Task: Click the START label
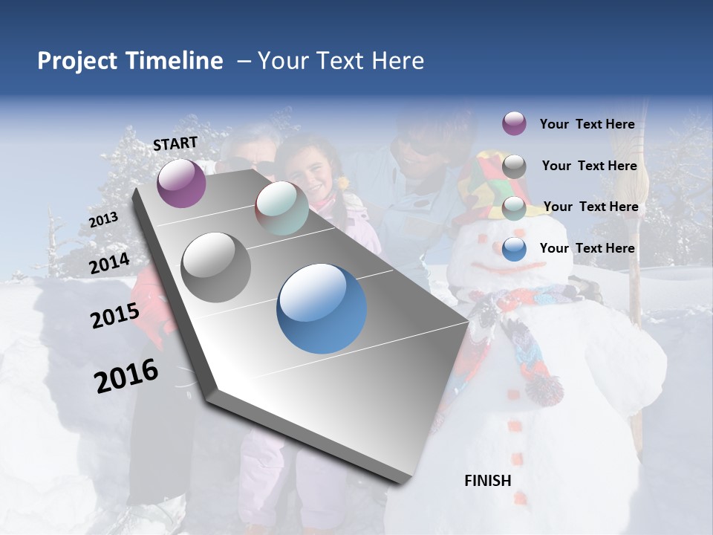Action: (175, 143)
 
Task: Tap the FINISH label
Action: (488, 481)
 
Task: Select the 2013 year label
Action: (103, 220)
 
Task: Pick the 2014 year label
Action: (109, 264)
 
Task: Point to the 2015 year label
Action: (115, 317)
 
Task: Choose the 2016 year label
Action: (126, 376)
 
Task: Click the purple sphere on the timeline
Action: (181, 183)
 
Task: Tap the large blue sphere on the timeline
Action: (322, 308)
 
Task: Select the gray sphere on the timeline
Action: (216, 267)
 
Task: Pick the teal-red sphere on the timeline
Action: (281, 208)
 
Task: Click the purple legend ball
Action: (514, 123)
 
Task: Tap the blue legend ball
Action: (514, 249)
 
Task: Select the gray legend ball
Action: (514, 166)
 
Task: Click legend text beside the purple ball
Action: (587, 124)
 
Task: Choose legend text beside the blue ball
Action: (587, 248)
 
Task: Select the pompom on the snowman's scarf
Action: (544, 389)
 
